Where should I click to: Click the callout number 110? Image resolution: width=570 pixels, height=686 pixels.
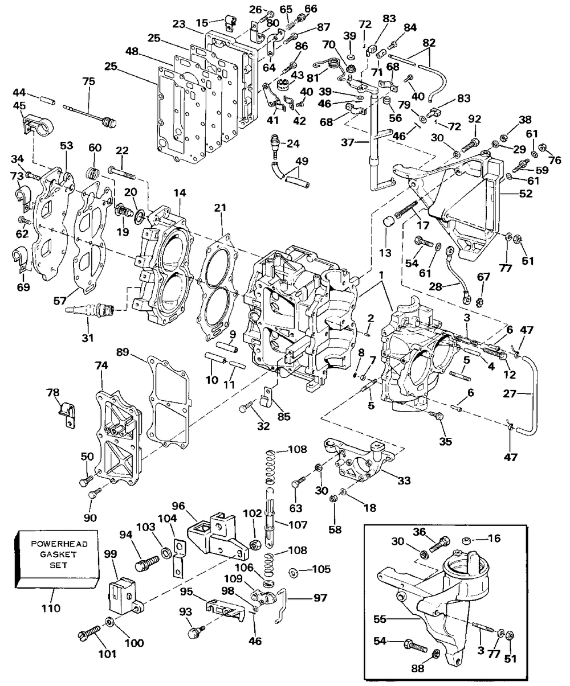tap(51, 608)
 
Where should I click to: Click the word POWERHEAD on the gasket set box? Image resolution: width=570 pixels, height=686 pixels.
tap(59, 544)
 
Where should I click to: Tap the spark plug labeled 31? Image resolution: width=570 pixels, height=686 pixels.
tap(89, 309)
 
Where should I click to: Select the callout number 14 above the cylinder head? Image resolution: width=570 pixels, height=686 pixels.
tap(180, 193)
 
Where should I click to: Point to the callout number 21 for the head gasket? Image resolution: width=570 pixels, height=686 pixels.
tap(221, 208)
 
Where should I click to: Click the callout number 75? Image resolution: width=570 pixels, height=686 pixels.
tap(88, 81)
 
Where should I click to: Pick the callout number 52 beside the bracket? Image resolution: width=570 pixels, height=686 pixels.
tap(526, 194)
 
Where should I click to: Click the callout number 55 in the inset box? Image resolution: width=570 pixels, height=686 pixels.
tap(380, 619)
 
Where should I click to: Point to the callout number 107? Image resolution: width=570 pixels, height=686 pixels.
tap(298, 525)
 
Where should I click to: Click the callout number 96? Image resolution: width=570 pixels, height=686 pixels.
tap(178, 506)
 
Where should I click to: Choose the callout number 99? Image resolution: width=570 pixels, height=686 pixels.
tap(111, 553)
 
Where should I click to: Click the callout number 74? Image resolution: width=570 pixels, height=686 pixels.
tap(101, 365)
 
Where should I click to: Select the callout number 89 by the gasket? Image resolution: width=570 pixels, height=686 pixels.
tap(123, 352)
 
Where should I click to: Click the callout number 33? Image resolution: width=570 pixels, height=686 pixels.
tap(404, 480)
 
